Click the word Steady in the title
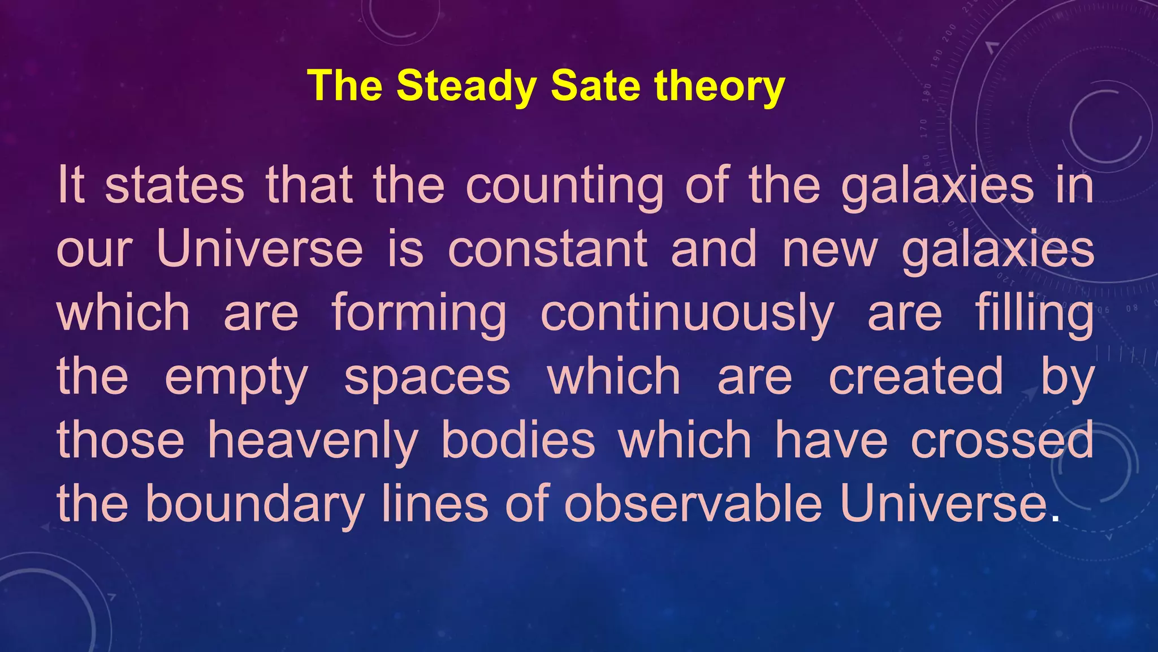click(465, 86)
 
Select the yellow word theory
click(719, 86)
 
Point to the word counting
click(565, 186)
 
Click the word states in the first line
click(175, 186)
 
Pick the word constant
click(547, 250)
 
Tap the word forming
click(419, 314)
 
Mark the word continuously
click(687, 314)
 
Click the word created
click(916, 376)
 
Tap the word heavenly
click(313, 441)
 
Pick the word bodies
click(518, 440)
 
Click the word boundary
click(254, 504)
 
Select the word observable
click(693, 503)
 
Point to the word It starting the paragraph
click(71, 186)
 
